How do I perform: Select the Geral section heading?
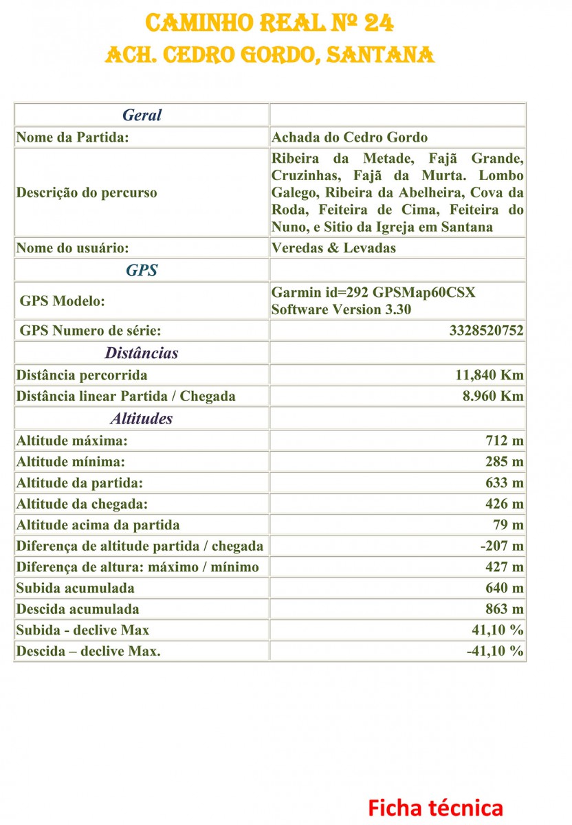[x=142, y=115]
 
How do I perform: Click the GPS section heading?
[x=142, y=270]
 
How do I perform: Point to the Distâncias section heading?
[x=142, y=353]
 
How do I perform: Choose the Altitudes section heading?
[x=142, y=418]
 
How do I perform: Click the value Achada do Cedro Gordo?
[x=349, y=137]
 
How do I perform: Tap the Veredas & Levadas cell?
[x=333, y=247]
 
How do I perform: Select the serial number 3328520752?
[x=486, y=331]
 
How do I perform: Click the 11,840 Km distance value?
[x=489, y=375]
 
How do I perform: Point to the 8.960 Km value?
[x=492, y=396]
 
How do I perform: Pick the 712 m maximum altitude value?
[x=505, y=440]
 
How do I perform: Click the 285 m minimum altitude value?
[x=505, y=461]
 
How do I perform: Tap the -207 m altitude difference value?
[x=502, y=546]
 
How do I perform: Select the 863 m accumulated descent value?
[x=505, y=609]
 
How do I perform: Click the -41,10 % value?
[x=495, y=651]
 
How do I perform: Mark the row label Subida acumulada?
[x=76, y=588]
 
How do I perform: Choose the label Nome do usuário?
[x=73, y=247]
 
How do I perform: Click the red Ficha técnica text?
[x=435, y=807]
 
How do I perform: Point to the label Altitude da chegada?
[x=82, y=504]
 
